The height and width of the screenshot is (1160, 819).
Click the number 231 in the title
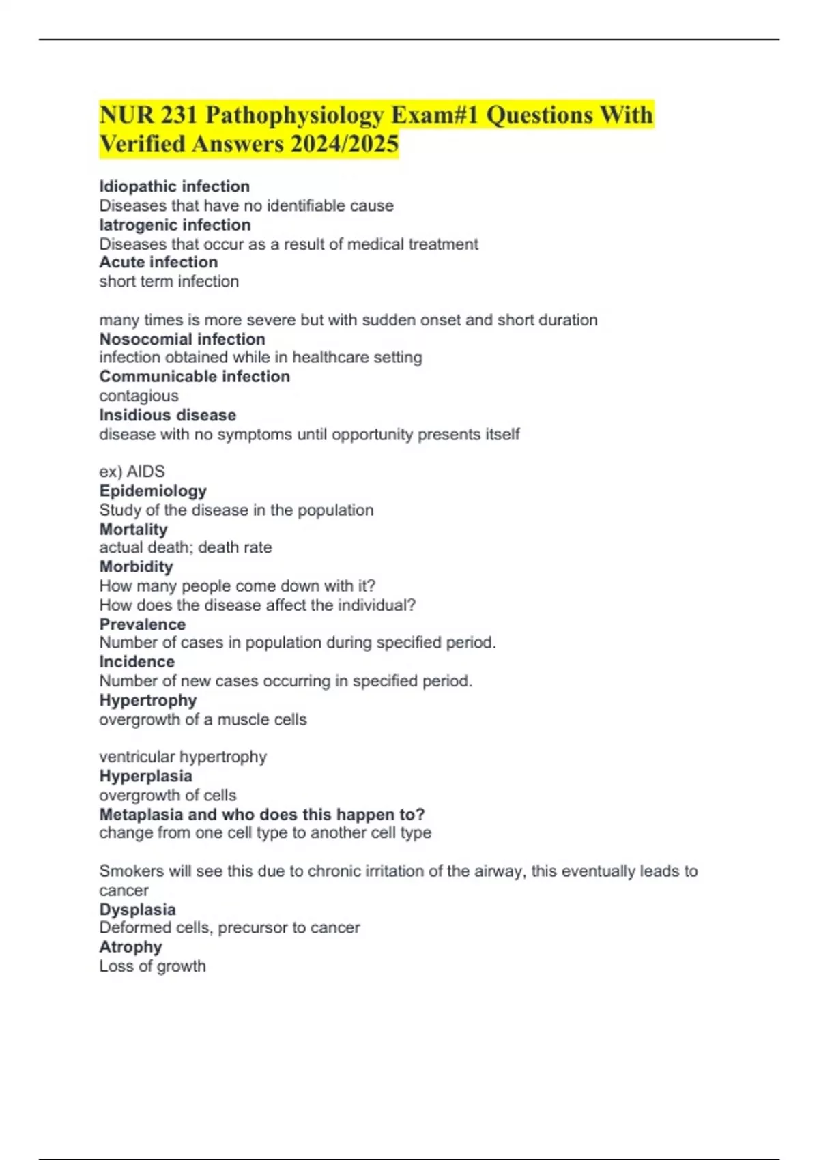[x=179, y=115]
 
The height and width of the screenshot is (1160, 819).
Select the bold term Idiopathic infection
[x=175, y=186]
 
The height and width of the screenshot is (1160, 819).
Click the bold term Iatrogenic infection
[x=175, y=224]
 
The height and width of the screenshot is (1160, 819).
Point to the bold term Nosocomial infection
[x=182, y=339]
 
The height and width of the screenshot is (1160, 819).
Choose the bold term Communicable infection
[x=195, y=376]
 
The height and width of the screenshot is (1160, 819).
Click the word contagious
[x=139, y=396]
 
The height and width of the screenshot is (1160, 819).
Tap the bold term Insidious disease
[x=168, y=415]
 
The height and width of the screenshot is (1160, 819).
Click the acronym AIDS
[x=146, y=472]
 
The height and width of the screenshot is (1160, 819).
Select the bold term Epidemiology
[x=153, y=491]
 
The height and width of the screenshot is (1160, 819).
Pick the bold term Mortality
[x=133, y=529]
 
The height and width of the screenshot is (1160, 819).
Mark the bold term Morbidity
[x=136, y=566]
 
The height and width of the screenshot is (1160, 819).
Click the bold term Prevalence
[x=143, y=624]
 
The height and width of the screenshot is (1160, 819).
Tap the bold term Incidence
[x=137, y=661]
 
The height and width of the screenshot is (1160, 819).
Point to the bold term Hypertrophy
[x=148, y=700]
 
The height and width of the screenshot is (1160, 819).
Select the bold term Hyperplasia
[x=146, y=776]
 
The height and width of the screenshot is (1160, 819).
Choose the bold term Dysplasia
[x=138, y=910]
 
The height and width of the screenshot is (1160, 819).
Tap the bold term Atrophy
[x=131, y=947]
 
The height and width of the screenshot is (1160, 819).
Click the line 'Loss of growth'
[x=153, y=966]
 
